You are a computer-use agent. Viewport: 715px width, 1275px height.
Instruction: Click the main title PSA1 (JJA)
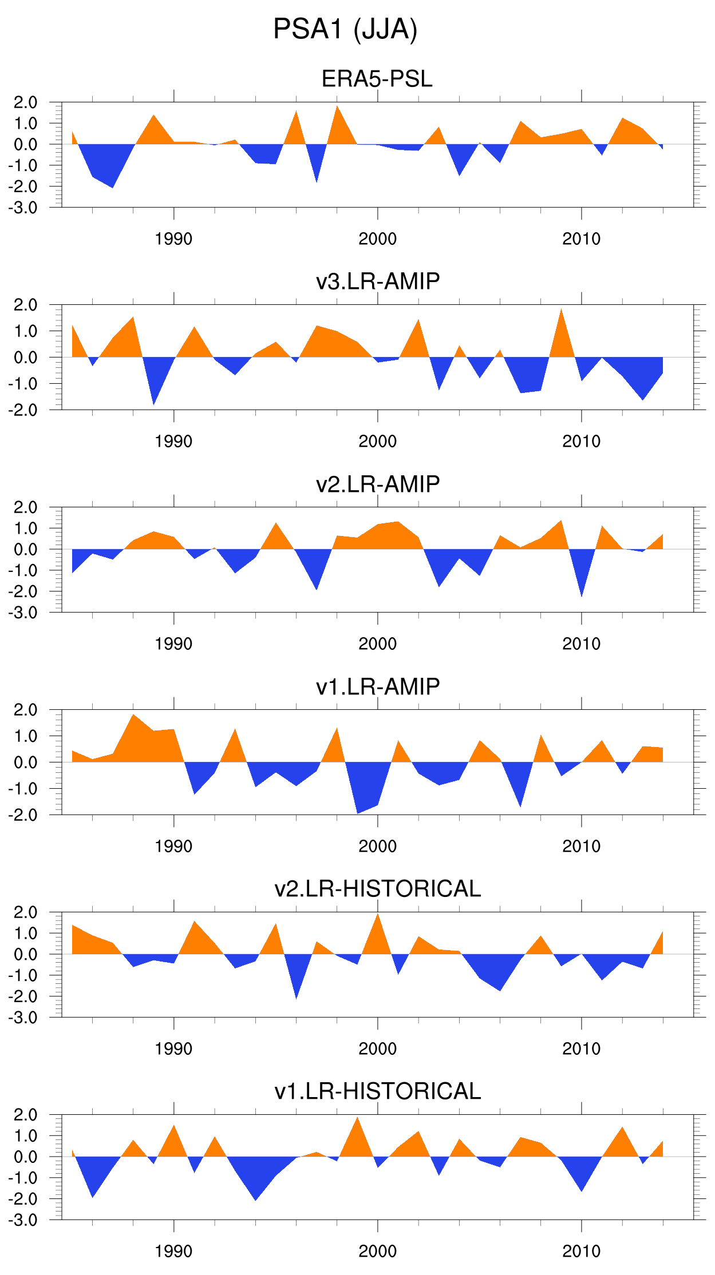[x=345, y=29]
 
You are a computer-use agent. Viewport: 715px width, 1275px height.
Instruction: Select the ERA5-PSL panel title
[x=377, y=79]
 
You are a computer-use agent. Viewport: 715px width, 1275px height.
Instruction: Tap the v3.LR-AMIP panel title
[x=378, y=281]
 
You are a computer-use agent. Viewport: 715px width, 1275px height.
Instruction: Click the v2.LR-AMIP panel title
[x=378, y=484]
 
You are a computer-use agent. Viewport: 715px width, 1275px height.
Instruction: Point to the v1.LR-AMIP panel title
[x=378, y=686]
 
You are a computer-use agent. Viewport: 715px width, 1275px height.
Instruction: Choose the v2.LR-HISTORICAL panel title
[x=378, y=889]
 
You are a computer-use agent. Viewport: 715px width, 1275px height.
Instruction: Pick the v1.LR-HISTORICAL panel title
[x=378, y=1091]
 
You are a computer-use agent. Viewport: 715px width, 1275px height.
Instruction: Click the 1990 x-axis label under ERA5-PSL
[x=173, y=239]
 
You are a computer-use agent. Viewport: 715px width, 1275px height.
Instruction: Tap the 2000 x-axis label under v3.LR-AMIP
[x=377, y=442]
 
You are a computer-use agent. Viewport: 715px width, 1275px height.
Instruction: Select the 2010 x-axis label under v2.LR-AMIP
[x=581, y=644]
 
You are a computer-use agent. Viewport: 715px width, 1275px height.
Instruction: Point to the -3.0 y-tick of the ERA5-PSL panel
[x=23, y=208]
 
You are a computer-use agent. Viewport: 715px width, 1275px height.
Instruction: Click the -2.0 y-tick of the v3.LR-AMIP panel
[x=23, y=410]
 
